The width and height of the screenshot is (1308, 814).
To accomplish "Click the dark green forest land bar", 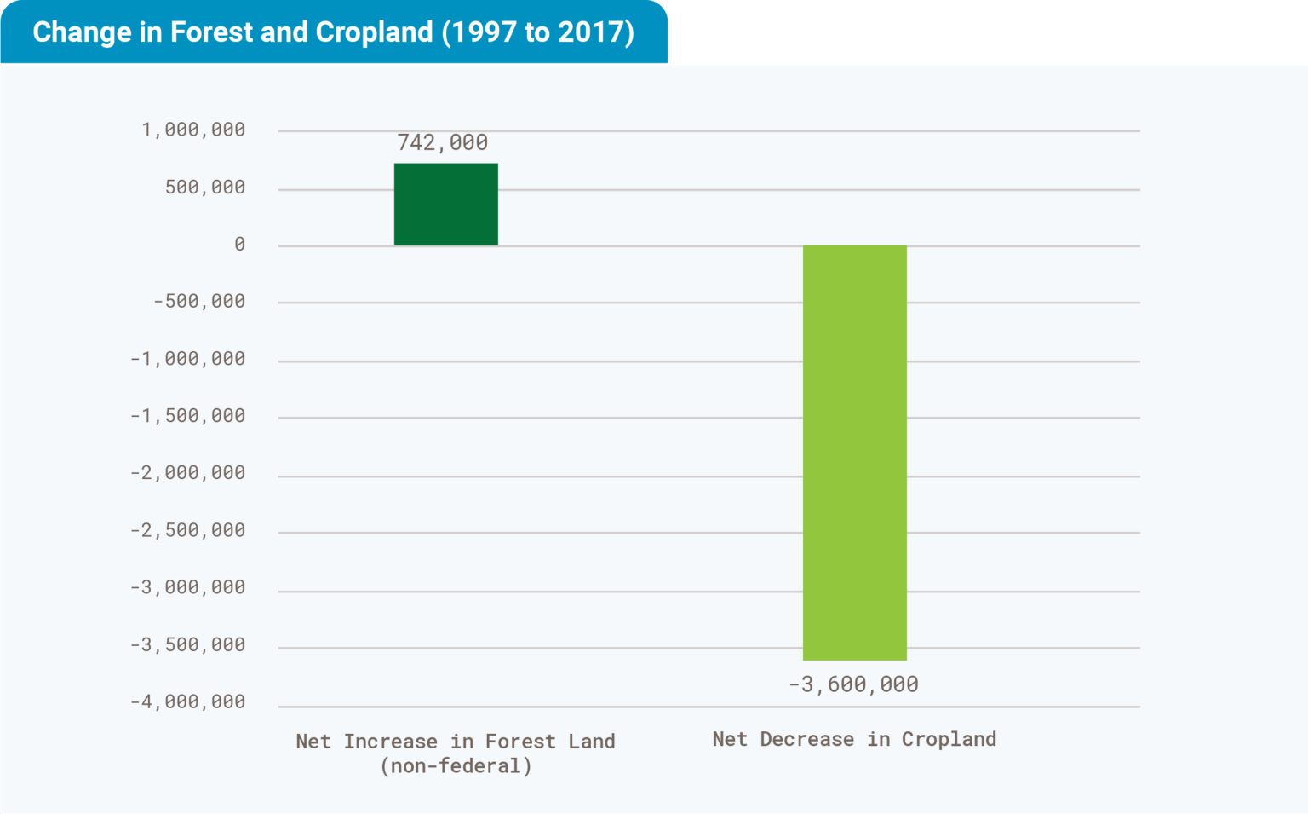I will [445, 205].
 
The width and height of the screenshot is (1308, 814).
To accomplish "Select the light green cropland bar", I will [854, 453].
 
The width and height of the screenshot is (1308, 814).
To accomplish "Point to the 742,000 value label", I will [443, 142].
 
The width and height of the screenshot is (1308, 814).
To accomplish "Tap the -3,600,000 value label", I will [853, 684].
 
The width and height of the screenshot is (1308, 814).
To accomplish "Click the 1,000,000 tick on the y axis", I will [193, 130].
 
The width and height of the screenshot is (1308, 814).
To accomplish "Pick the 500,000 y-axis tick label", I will [205, 187].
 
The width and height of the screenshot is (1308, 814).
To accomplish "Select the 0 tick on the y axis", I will [239, 245].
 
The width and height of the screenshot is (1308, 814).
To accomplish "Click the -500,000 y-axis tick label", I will [199, 301].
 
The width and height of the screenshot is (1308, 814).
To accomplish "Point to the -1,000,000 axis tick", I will [187, 359].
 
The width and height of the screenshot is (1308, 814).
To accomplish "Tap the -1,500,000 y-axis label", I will [187, 416].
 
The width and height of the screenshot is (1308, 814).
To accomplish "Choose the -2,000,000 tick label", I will [187, 473].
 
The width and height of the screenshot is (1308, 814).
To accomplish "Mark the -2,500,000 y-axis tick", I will [187, 530].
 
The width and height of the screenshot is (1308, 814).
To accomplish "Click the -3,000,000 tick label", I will [187, 587].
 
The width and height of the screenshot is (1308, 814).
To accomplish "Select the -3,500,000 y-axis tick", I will [187, 645].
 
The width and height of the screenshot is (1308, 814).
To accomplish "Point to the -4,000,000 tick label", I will [187, 702].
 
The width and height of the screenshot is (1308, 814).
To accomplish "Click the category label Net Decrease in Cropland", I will [854, 739].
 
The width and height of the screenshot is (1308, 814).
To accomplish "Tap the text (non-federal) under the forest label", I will [456, 766].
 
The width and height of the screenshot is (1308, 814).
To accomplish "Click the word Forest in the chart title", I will [212, 32].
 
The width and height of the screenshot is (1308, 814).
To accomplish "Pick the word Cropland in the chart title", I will [374, 32].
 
